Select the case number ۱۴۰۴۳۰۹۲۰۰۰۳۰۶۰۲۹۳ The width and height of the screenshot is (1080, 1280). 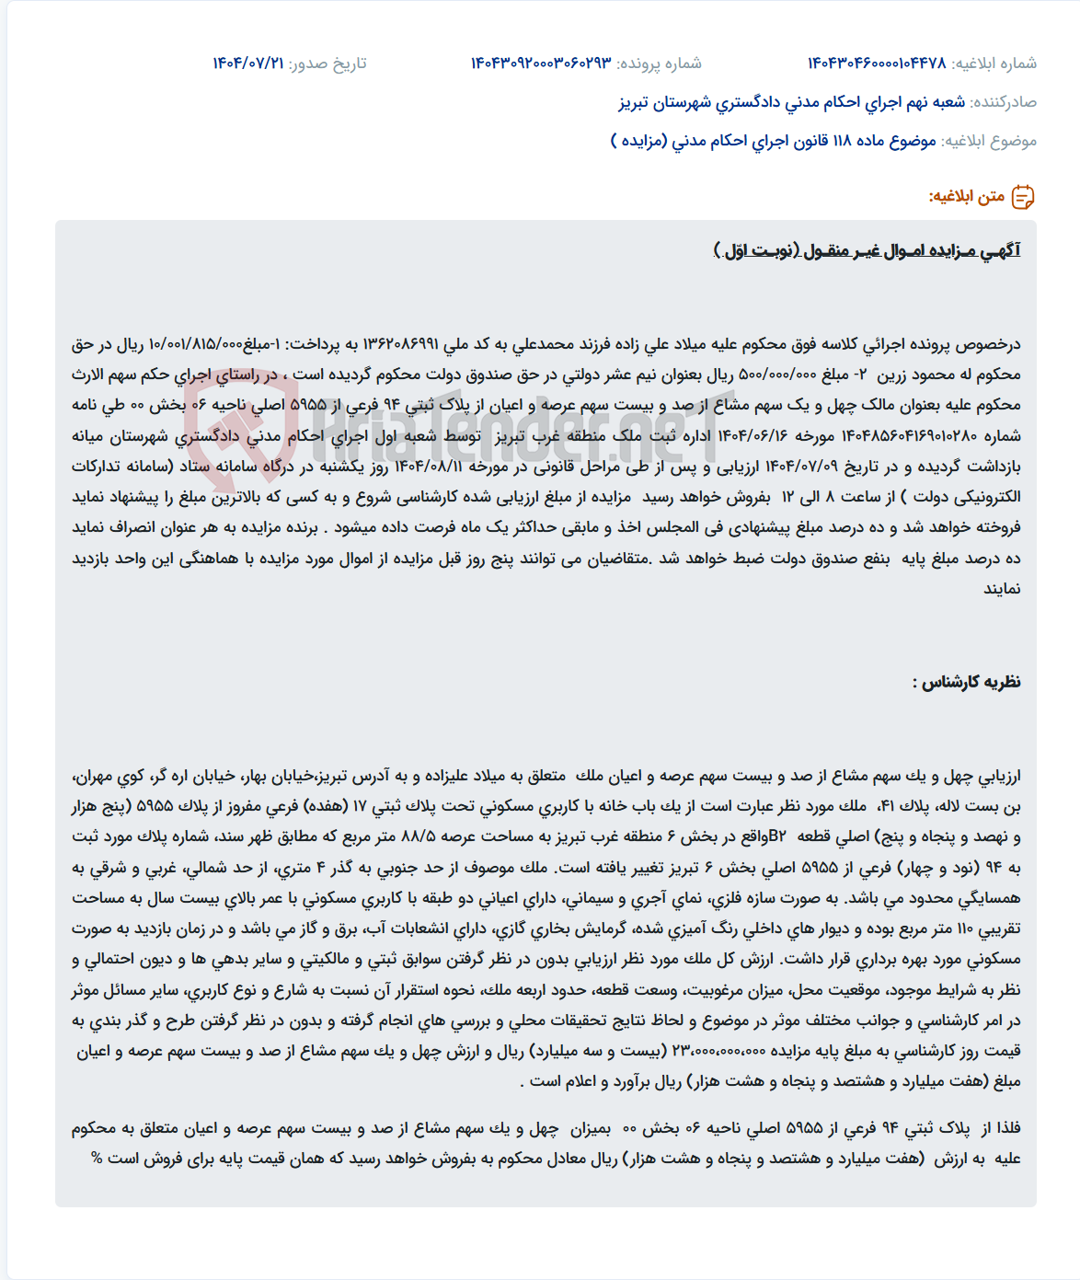541,63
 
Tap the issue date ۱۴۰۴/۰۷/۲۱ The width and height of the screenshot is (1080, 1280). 248,63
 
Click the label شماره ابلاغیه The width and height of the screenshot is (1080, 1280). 994,63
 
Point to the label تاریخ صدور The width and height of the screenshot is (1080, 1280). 327,63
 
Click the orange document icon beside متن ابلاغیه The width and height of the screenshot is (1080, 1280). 1023,197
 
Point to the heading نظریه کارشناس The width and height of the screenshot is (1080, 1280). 966,683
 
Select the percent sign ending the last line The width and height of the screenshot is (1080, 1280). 97,1159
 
